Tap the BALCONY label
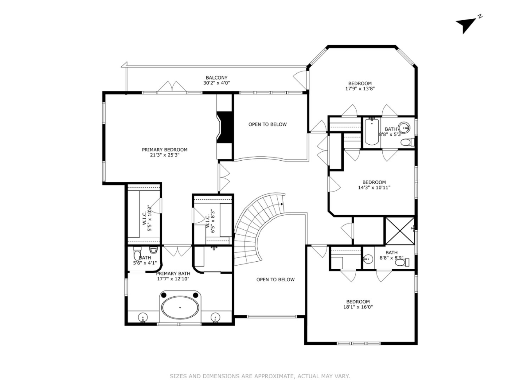tap(217, 78)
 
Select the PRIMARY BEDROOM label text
tap(165, 150)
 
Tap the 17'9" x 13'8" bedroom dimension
tap(360, 89)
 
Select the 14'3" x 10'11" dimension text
tap(374, 188)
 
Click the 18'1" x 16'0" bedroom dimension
tap(358, 307)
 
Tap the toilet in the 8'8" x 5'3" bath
tap(406, 142)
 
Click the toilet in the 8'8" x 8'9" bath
tap(401, 262)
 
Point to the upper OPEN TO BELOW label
tap(268, 124)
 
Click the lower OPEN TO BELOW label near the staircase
tap(275, 280)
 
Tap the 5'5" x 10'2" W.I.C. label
tap(147, 221)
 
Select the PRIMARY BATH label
tap(173, 274)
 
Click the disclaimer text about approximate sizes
tap(260, 376)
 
